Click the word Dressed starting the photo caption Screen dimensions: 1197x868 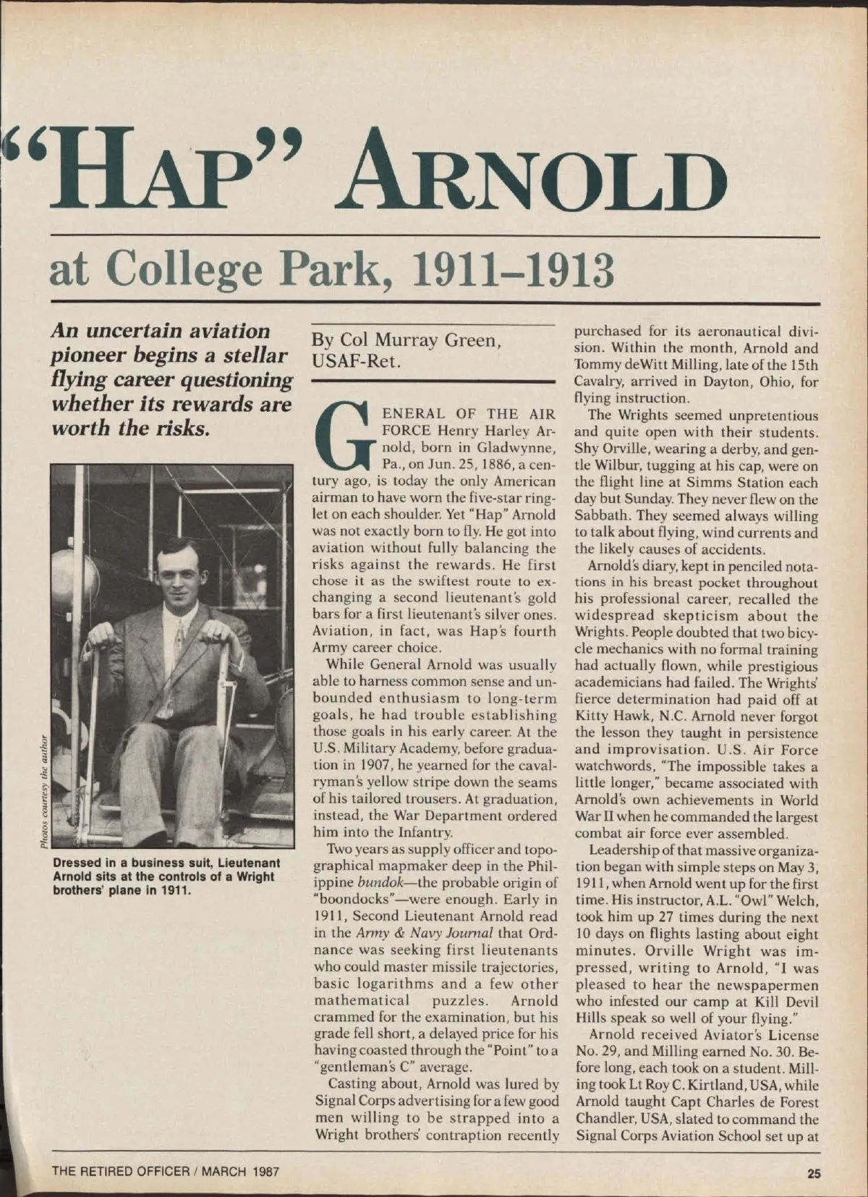pos(77,863)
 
